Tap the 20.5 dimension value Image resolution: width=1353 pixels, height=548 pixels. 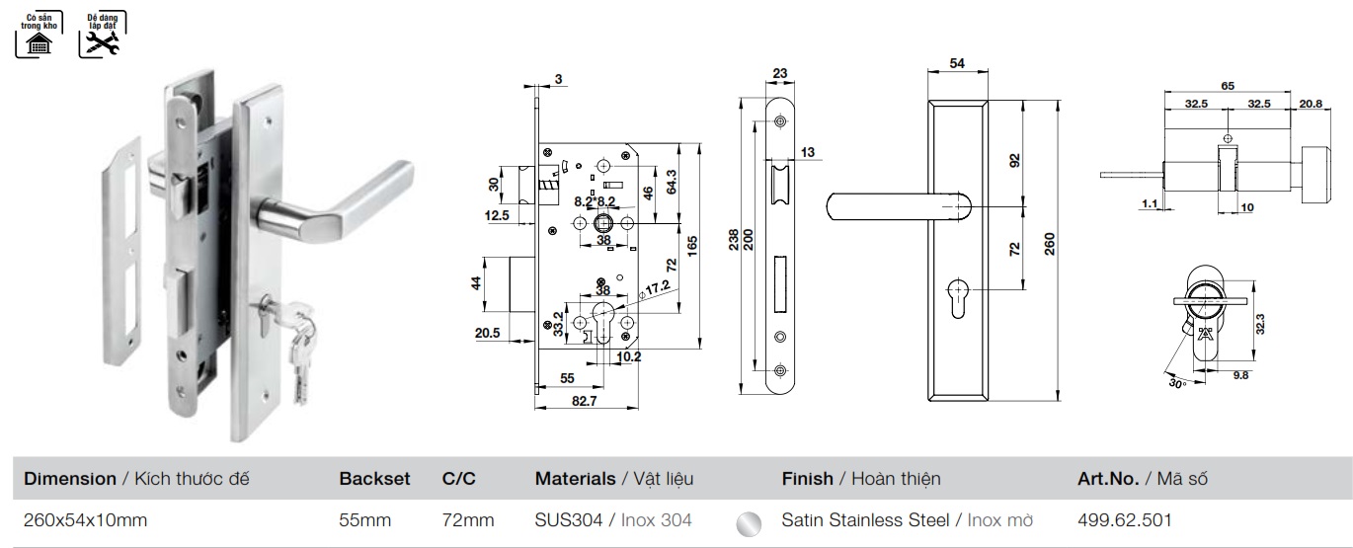point(487,334)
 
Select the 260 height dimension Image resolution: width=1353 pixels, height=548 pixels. point(1050,243)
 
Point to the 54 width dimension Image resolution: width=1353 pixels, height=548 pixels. point(956,63)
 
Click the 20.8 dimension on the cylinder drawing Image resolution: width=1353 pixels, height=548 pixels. point(1312,103)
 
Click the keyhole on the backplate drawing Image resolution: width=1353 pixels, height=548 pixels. point(956,298)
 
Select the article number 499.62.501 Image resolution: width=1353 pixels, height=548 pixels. point(1125,519)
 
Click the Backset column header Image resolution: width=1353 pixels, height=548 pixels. point(374,479)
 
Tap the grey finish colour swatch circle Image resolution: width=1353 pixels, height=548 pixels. point(750,520)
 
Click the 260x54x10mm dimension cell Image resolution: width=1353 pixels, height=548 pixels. point(85,519)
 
